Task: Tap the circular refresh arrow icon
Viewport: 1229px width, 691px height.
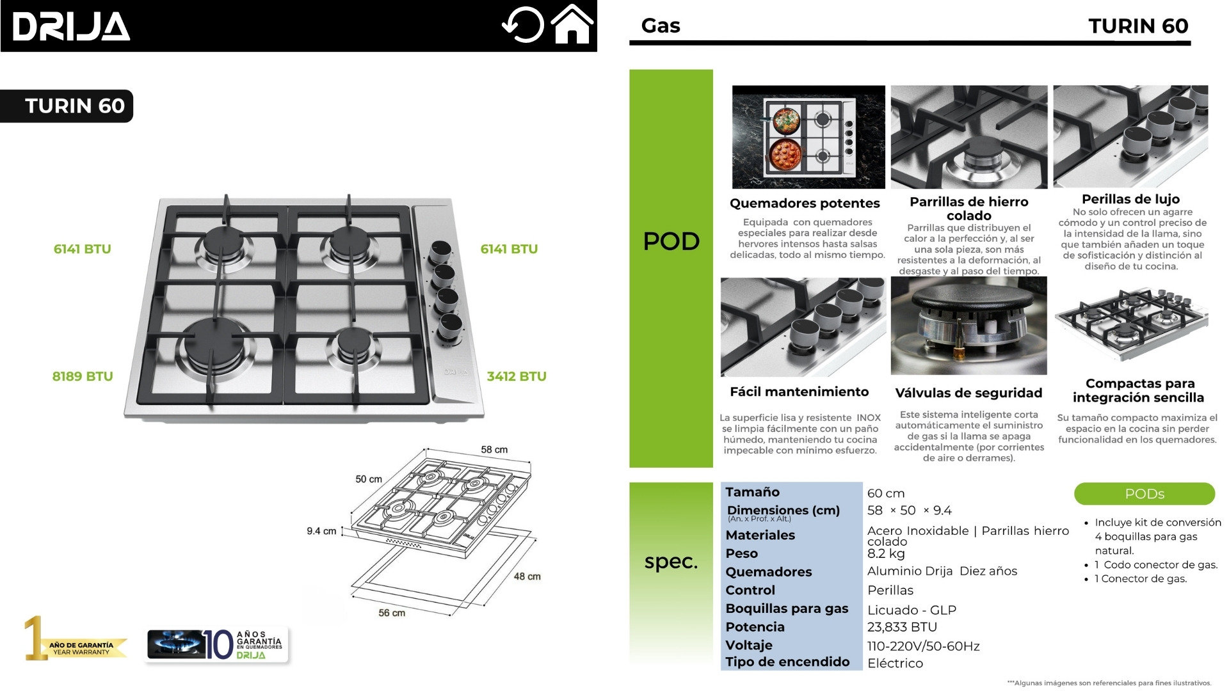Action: click(523, 26)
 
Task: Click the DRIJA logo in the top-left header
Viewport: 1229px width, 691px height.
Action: click(71, 27)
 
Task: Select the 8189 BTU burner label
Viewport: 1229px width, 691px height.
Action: click(83, 376)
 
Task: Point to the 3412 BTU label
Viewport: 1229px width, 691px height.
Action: click(516, 376)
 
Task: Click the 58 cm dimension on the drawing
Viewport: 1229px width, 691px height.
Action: click(494, 450)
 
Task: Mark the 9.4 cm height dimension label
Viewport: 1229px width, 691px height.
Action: click(321, 531)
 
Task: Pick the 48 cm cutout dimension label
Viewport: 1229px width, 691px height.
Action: click(527, 576)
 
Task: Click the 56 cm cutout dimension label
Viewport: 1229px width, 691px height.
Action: click(392, 613)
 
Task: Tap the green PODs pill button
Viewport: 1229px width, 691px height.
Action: click(1144, 494)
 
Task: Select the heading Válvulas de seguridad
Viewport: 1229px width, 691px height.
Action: click(968, 393)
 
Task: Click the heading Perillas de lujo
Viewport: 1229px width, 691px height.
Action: click(1130, 199)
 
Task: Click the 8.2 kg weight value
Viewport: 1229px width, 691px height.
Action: click(886, 553)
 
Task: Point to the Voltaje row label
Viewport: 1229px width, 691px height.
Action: click(749, 645)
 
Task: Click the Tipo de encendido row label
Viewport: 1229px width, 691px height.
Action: click(787, 662)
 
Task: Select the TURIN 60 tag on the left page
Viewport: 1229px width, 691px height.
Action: click(74, 106)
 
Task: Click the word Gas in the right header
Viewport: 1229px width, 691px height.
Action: click(661, 26)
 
